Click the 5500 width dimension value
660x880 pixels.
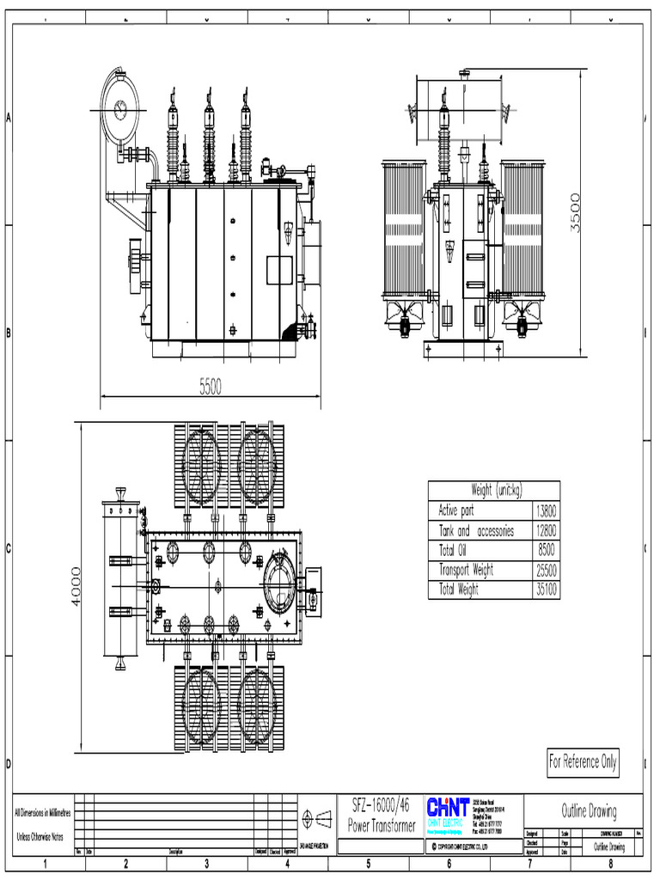[x=211, y=388]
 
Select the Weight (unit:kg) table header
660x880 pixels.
[x=494, y=490]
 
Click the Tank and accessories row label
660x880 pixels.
[x=476, y=531]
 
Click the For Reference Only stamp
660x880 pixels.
[x=583, y=762]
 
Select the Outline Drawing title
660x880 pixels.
[x=589, y=810]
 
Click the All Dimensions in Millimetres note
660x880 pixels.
[x=44, y=812]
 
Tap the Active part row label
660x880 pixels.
[x=456, y=511]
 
